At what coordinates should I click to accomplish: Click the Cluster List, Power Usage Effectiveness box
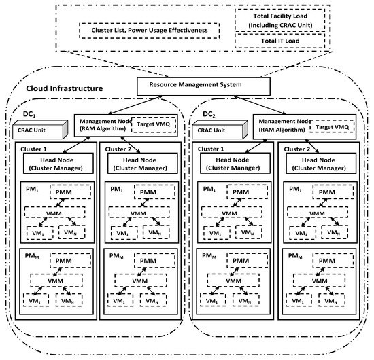(x=143, y=31)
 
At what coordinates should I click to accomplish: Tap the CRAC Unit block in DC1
(x=41, y=130)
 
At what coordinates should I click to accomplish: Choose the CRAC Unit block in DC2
(x=220, y=130)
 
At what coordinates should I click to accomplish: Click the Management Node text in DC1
(x=101, y=120)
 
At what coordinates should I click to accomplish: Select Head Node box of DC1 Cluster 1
(x=54, y=164)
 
